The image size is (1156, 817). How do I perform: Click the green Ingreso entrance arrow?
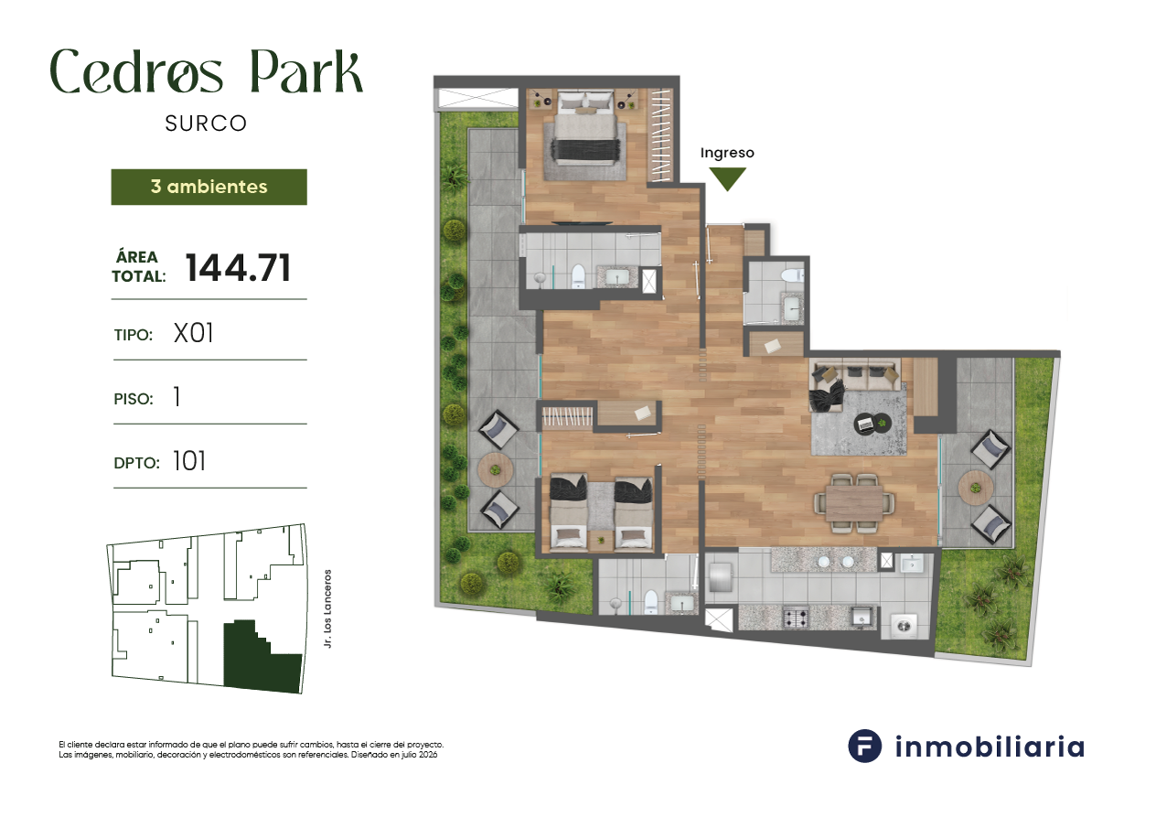point(727,178)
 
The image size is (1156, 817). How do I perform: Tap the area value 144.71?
point(238,268)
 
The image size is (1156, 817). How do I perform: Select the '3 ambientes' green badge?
point(209,187)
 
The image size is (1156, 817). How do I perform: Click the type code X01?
point(194,333)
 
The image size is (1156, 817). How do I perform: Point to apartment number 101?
point(189,461)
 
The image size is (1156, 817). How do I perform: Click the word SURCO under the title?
point(206,124)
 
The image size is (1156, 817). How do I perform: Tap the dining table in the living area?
point(854,503)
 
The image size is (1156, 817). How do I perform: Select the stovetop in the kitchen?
point(797,618)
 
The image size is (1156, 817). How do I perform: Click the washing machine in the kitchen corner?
point(904,626)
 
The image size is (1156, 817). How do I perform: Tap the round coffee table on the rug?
point(872,424)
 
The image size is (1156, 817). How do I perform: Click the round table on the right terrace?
point(976,489)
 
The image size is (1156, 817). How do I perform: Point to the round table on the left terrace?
point(496,470)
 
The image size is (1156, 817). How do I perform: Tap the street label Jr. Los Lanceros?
point(327,609)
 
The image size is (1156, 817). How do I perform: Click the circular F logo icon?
point(864,746)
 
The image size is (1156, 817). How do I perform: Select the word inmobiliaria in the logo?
point(990,747)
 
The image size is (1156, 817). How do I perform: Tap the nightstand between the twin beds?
point(601,540)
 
